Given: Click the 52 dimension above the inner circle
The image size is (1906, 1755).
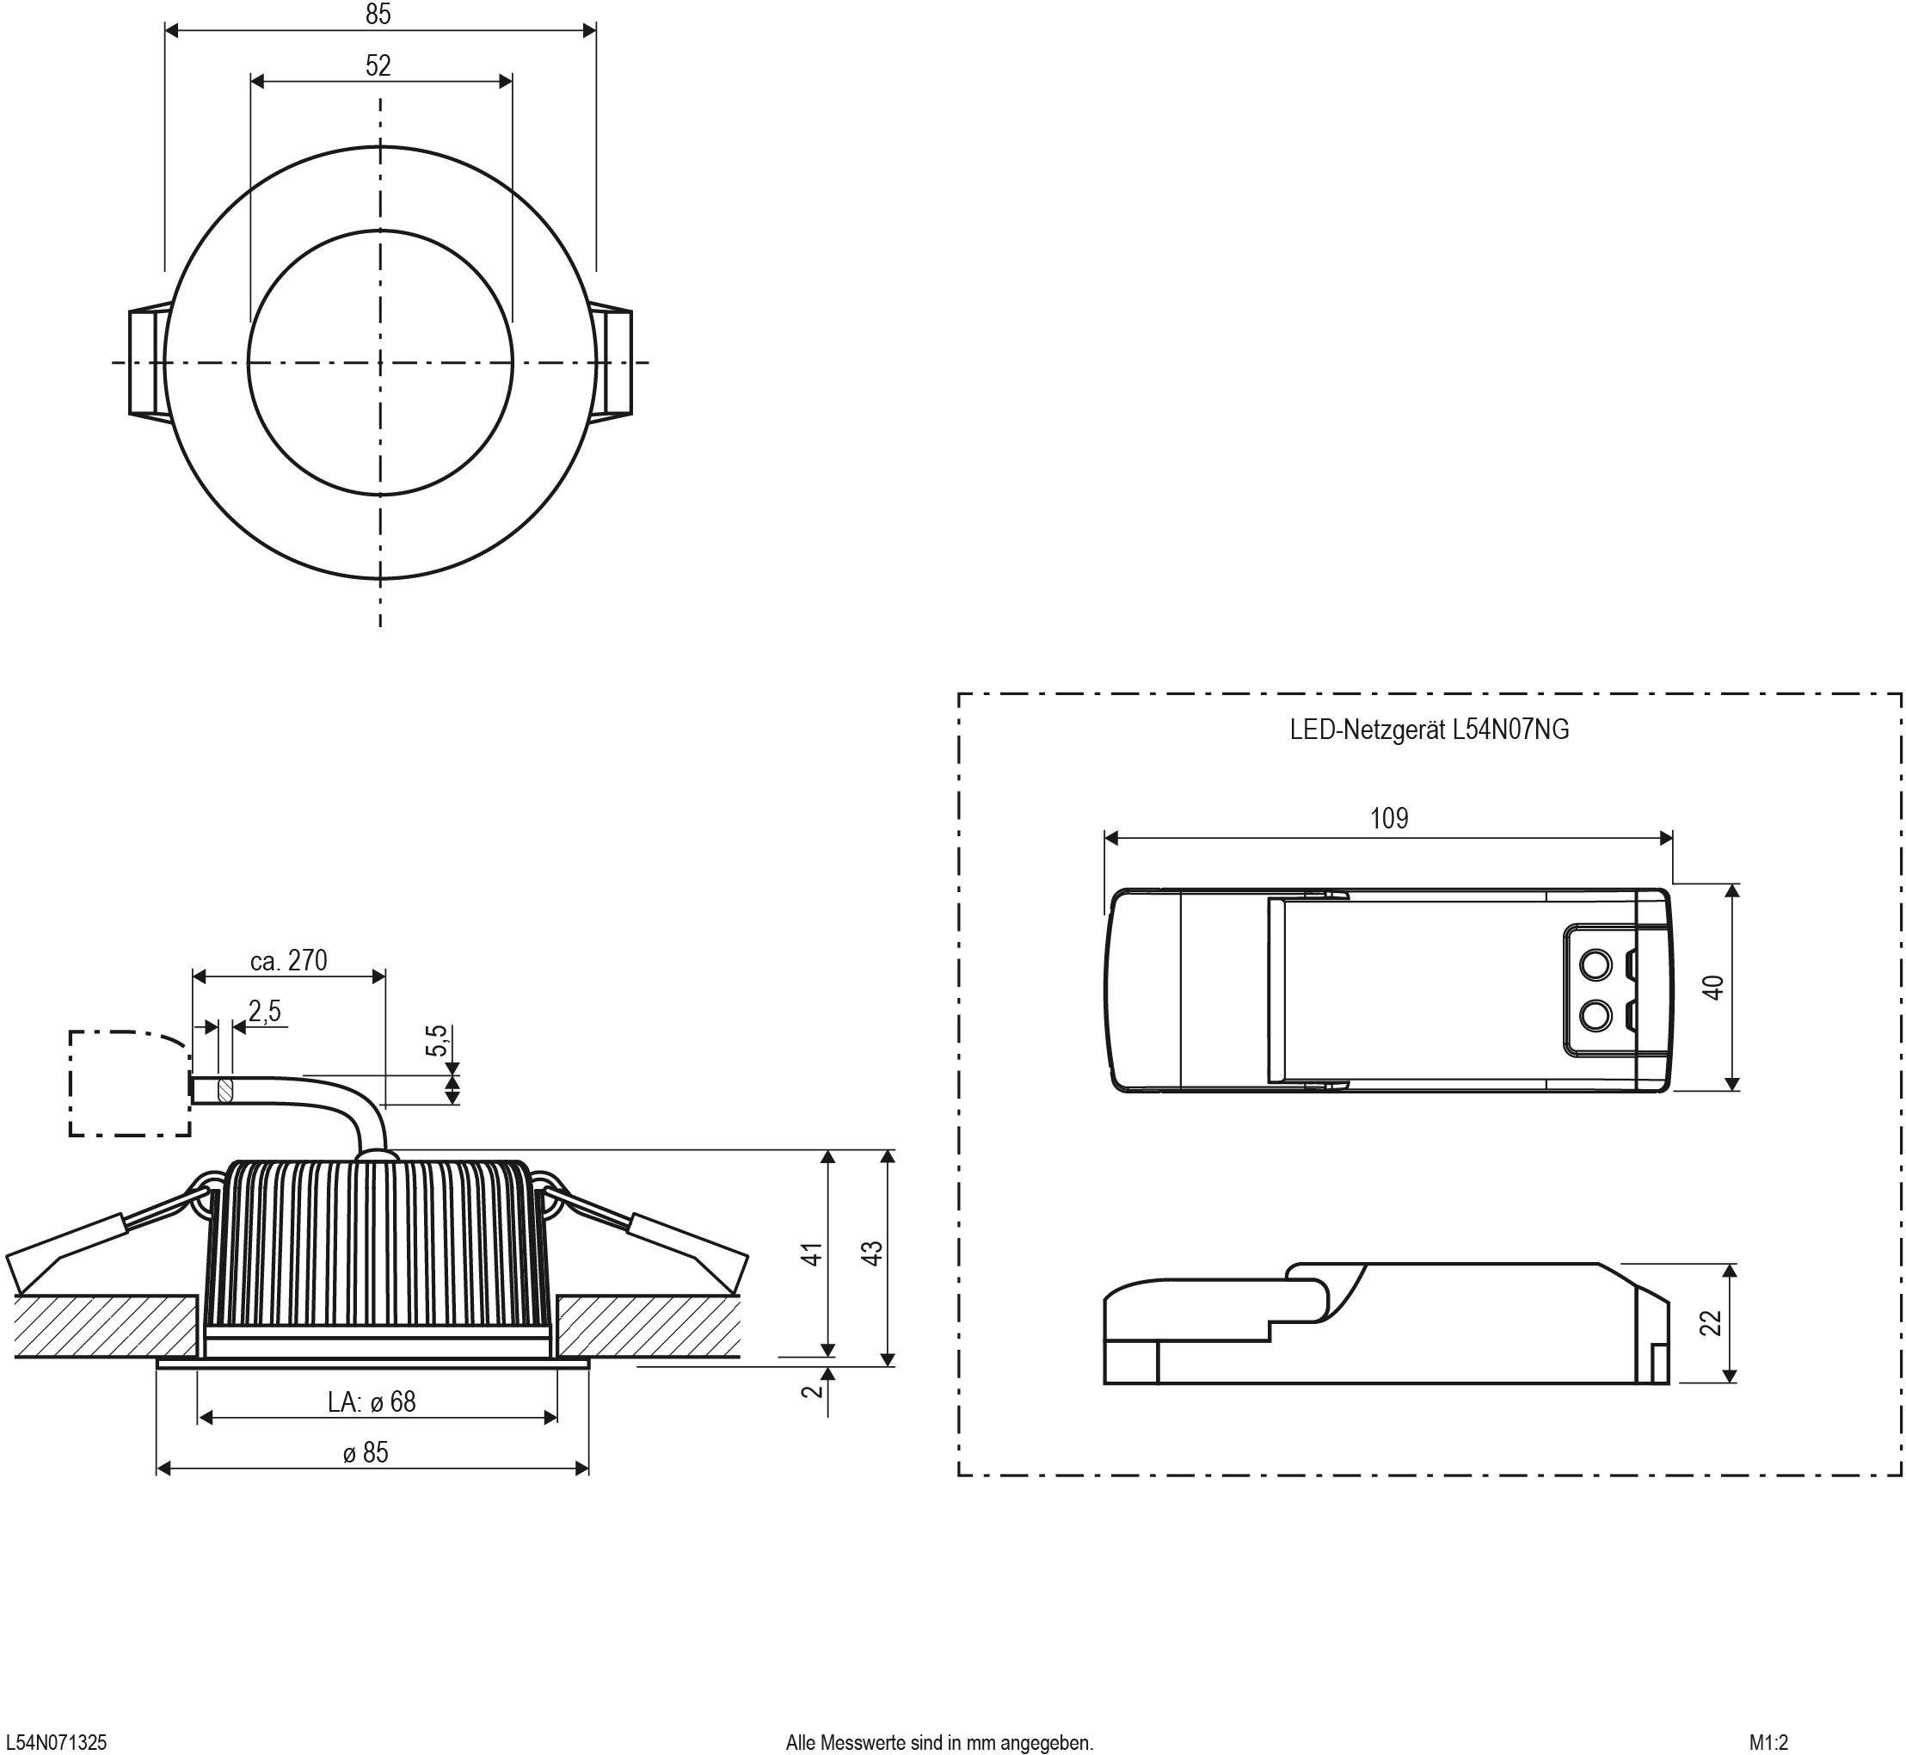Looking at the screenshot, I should pyautogui.click(x=378, y=65).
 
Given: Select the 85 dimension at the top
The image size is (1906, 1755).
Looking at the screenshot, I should pyautogui.click(x=378, y=15).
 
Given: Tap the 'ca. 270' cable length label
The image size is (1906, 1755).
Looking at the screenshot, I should pyautogui.click(x=289, y=960).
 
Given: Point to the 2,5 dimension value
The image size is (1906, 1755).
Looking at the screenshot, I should pyautogui.click(x=265, y=1012).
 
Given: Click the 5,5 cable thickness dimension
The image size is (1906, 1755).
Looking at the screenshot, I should pyautogui.click(x=436, y=1041).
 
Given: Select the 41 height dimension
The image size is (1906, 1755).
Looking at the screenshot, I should pyautogui.click(x=811, y=1253).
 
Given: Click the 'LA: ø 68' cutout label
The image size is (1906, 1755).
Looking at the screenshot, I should pyautogui.click(x=372, y=1401).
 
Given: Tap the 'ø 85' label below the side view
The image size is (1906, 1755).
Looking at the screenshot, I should pyautogui.click(x=366, y=1453).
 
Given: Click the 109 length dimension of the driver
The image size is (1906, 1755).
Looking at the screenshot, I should pyautogui.click(x=1388, y=819).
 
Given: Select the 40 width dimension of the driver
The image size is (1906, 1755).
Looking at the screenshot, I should pyautogui.click(x=1713, y=988).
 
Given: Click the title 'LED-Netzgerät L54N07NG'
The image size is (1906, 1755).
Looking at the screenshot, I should pyautogui.click(x=1429, y=730).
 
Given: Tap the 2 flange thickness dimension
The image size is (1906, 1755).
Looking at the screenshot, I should pyautogui.click(x=810, y=1390).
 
